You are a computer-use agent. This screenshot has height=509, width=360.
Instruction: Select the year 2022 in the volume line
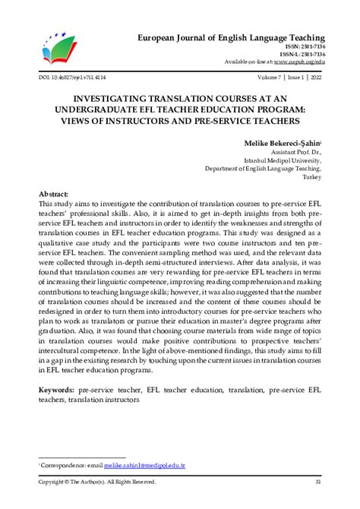pos(314,77)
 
